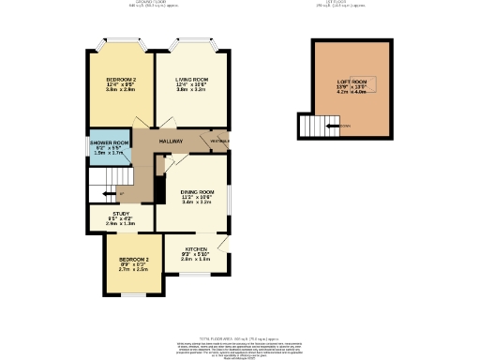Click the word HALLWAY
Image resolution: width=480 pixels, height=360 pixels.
[x=170, y=142]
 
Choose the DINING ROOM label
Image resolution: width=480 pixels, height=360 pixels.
[x=197, y=191]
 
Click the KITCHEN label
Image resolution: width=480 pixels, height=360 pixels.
[x=195, y=249]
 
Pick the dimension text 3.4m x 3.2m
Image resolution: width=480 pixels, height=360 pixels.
[x=197, y=202]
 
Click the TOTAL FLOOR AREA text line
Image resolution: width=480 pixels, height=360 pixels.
[x=240, y=338]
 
